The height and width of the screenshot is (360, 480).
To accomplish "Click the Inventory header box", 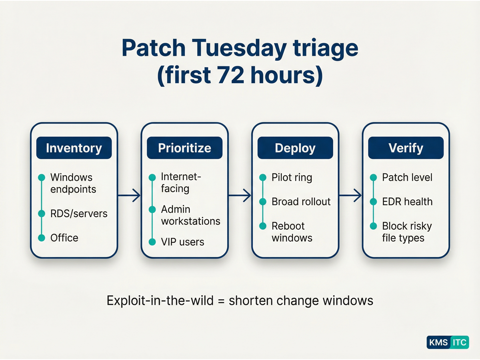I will point(74,148).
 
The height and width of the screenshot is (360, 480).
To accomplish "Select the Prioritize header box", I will point(184,148).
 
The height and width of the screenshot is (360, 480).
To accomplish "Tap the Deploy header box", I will point(295,148).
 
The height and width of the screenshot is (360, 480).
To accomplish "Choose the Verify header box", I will point(406,148).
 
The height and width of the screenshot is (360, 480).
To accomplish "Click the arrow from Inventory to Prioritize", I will point(129,196).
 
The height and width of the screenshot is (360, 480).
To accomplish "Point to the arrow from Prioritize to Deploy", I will point(240,196).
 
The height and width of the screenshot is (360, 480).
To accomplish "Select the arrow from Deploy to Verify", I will point(350,196).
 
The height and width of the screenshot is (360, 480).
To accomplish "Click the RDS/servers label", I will point(79,214).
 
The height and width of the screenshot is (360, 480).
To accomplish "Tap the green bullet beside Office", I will point(41,238).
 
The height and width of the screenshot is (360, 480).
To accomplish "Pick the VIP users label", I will point(182,242).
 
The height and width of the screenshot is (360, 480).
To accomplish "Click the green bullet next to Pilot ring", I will point(263,178).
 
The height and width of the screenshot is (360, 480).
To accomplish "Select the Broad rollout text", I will point(301,202).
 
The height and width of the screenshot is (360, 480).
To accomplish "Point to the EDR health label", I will point(407,202).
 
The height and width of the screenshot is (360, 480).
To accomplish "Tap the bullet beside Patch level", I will point(373,178).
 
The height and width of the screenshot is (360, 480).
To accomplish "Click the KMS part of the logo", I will point(438,342).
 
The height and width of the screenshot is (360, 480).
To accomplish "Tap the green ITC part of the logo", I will point(459,342).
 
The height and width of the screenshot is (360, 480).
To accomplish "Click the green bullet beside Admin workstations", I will point(152,210).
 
